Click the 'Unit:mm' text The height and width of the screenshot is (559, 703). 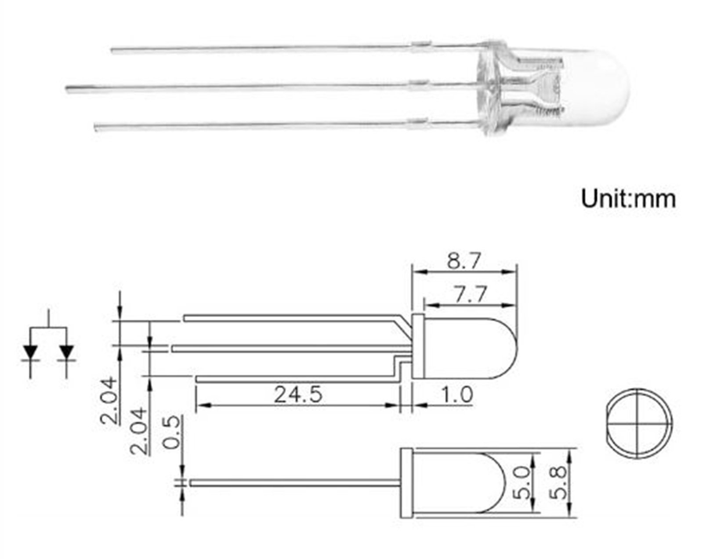point(628,199)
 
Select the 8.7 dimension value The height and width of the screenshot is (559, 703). point(464,261)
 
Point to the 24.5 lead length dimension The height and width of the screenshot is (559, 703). point(298,395)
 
